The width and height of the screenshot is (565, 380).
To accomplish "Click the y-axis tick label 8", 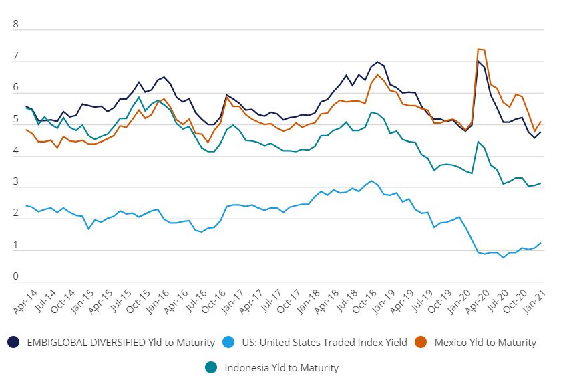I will [x=17, y=25].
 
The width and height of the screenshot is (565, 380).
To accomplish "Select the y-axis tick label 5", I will [x=17, y=120].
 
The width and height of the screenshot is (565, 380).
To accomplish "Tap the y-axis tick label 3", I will [x=17, y=183].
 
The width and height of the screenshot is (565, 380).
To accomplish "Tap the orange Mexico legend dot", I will [x=421, y=342].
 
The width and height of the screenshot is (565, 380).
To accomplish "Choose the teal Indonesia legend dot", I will [x=212, y=367].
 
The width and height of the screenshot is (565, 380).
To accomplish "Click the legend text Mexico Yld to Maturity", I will [x=485, y=342].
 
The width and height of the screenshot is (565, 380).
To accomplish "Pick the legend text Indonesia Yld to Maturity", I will [x=281, y=367].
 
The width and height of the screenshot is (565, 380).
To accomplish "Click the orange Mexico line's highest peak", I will [x=479, y=49].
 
